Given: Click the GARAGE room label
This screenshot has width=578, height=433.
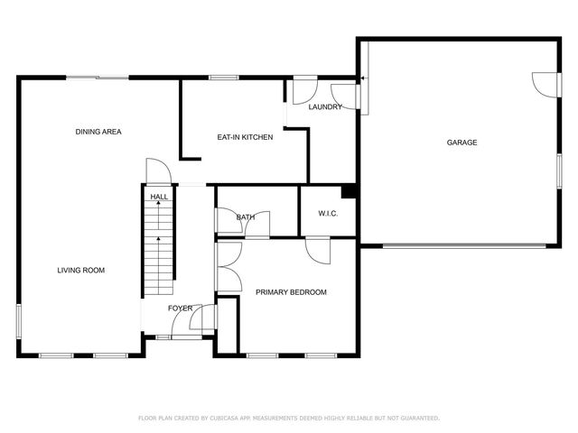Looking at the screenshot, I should point(461,143).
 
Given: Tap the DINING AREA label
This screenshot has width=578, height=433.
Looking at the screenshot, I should point(98,132).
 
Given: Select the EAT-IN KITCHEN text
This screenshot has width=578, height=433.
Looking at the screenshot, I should point(245,137).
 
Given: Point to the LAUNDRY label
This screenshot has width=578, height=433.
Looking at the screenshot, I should point(325,107).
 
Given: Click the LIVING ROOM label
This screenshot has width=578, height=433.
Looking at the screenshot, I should point(81,270).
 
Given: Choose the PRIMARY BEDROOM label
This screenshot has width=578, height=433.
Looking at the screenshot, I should point(291,292).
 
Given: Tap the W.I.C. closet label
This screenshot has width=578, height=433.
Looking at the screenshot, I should point(327,214).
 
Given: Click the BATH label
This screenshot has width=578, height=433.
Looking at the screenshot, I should point(246,217).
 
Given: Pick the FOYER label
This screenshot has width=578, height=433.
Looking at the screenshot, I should point(181,309).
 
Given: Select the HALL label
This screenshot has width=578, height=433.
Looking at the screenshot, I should point(159,197).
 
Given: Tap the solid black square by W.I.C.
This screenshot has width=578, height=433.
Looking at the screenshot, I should point(347,191).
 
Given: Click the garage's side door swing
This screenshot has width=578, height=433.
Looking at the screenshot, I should point(544,83).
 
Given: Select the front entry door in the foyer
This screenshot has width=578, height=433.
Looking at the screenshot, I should point(203,320).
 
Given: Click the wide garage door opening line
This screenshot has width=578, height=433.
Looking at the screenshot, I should point(463,245).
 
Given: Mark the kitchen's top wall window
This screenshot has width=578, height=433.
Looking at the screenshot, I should point(224,78).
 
